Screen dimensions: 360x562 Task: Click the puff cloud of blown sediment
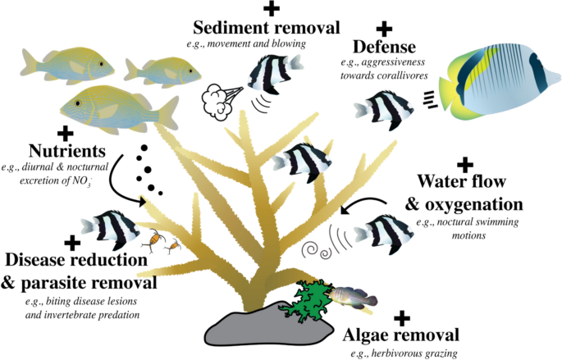click(221, 98)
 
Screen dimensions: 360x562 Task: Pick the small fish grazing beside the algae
click(350, 298)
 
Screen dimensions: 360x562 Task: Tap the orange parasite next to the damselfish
click(153, 240)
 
